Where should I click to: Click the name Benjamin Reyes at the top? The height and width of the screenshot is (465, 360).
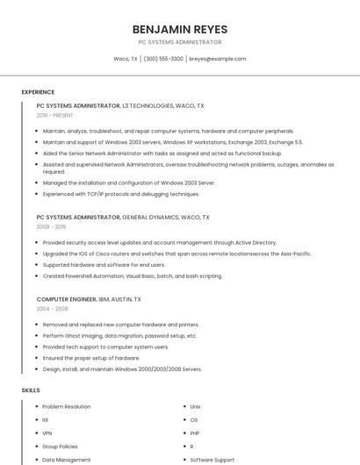point(179,29)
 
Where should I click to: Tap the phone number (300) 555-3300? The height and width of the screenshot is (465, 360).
point(163,59)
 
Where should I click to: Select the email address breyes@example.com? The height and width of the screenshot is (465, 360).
point(217,59)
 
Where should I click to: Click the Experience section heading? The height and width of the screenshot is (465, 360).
point(38,92)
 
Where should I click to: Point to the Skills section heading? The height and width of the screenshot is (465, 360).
point(31,390)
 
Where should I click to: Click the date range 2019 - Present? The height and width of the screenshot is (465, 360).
point(55,115)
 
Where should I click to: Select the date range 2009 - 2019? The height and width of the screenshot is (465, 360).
point(51,226)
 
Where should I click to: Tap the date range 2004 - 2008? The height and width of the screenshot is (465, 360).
point(52,309)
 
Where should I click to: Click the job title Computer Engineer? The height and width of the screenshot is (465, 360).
point(67,299)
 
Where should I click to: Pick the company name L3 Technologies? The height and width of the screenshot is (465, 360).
point(150,105)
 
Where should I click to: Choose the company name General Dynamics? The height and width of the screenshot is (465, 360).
point(151,217)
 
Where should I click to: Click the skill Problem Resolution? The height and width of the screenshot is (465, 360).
point(67,407)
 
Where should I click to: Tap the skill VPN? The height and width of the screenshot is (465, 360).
point(47,433)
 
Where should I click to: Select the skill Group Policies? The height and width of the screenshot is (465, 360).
point(60,447)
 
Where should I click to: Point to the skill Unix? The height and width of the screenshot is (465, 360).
point(196,407)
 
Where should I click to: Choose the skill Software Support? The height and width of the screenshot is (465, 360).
point(212,460)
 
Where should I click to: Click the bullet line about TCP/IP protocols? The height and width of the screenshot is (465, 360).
point(121,194)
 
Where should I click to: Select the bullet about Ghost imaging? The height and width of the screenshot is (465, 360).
point(119,335)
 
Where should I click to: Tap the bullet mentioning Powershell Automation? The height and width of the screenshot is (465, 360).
point(132,275)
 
